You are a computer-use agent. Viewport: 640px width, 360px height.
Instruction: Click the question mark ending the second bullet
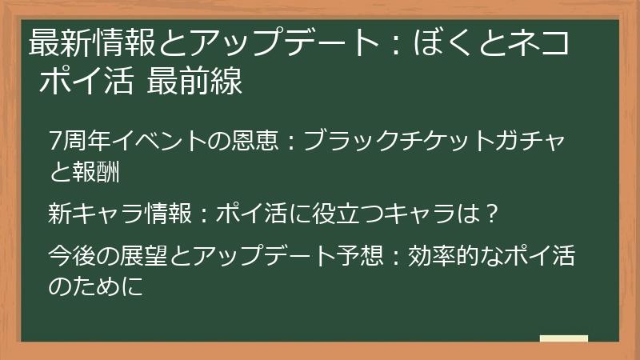[x=493, y=214]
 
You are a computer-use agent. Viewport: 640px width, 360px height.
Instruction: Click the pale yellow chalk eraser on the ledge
[x=563, y=339]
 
